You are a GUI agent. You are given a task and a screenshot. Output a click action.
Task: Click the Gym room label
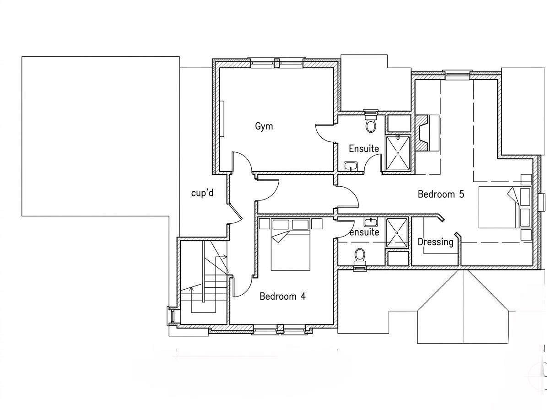click(264, 126)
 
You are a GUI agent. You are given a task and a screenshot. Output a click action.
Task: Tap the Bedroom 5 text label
click(441, 194)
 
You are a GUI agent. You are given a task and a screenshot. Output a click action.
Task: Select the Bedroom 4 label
click(282, 297)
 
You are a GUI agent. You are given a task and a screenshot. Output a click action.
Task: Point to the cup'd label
click(202, 193)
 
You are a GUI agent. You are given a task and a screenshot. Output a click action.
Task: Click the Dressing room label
click(435, 242)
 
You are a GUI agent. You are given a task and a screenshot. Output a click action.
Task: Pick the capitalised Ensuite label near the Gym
click(363, 149)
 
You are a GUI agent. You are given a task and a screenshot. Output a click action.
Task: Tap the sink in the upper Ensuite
click(351, 166)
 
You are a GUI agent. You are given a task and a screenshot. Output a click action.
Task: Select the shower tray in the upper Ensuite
click(398, 153)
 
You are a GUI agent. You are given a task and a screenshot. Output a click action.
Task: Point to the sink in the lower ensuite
click(370, 222)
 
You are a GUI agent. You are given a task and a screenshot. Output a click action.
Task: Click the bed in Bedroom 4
click(290, 245)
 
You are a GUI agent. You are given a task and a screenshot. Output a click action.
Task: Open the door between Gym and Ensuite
click(326, 135)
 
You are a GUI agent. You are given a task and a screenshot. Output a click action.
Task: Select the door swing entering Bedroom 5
click(348, 197)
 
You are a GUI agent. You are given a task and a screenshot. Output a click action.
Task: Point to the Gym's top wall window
click(276, 63)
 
